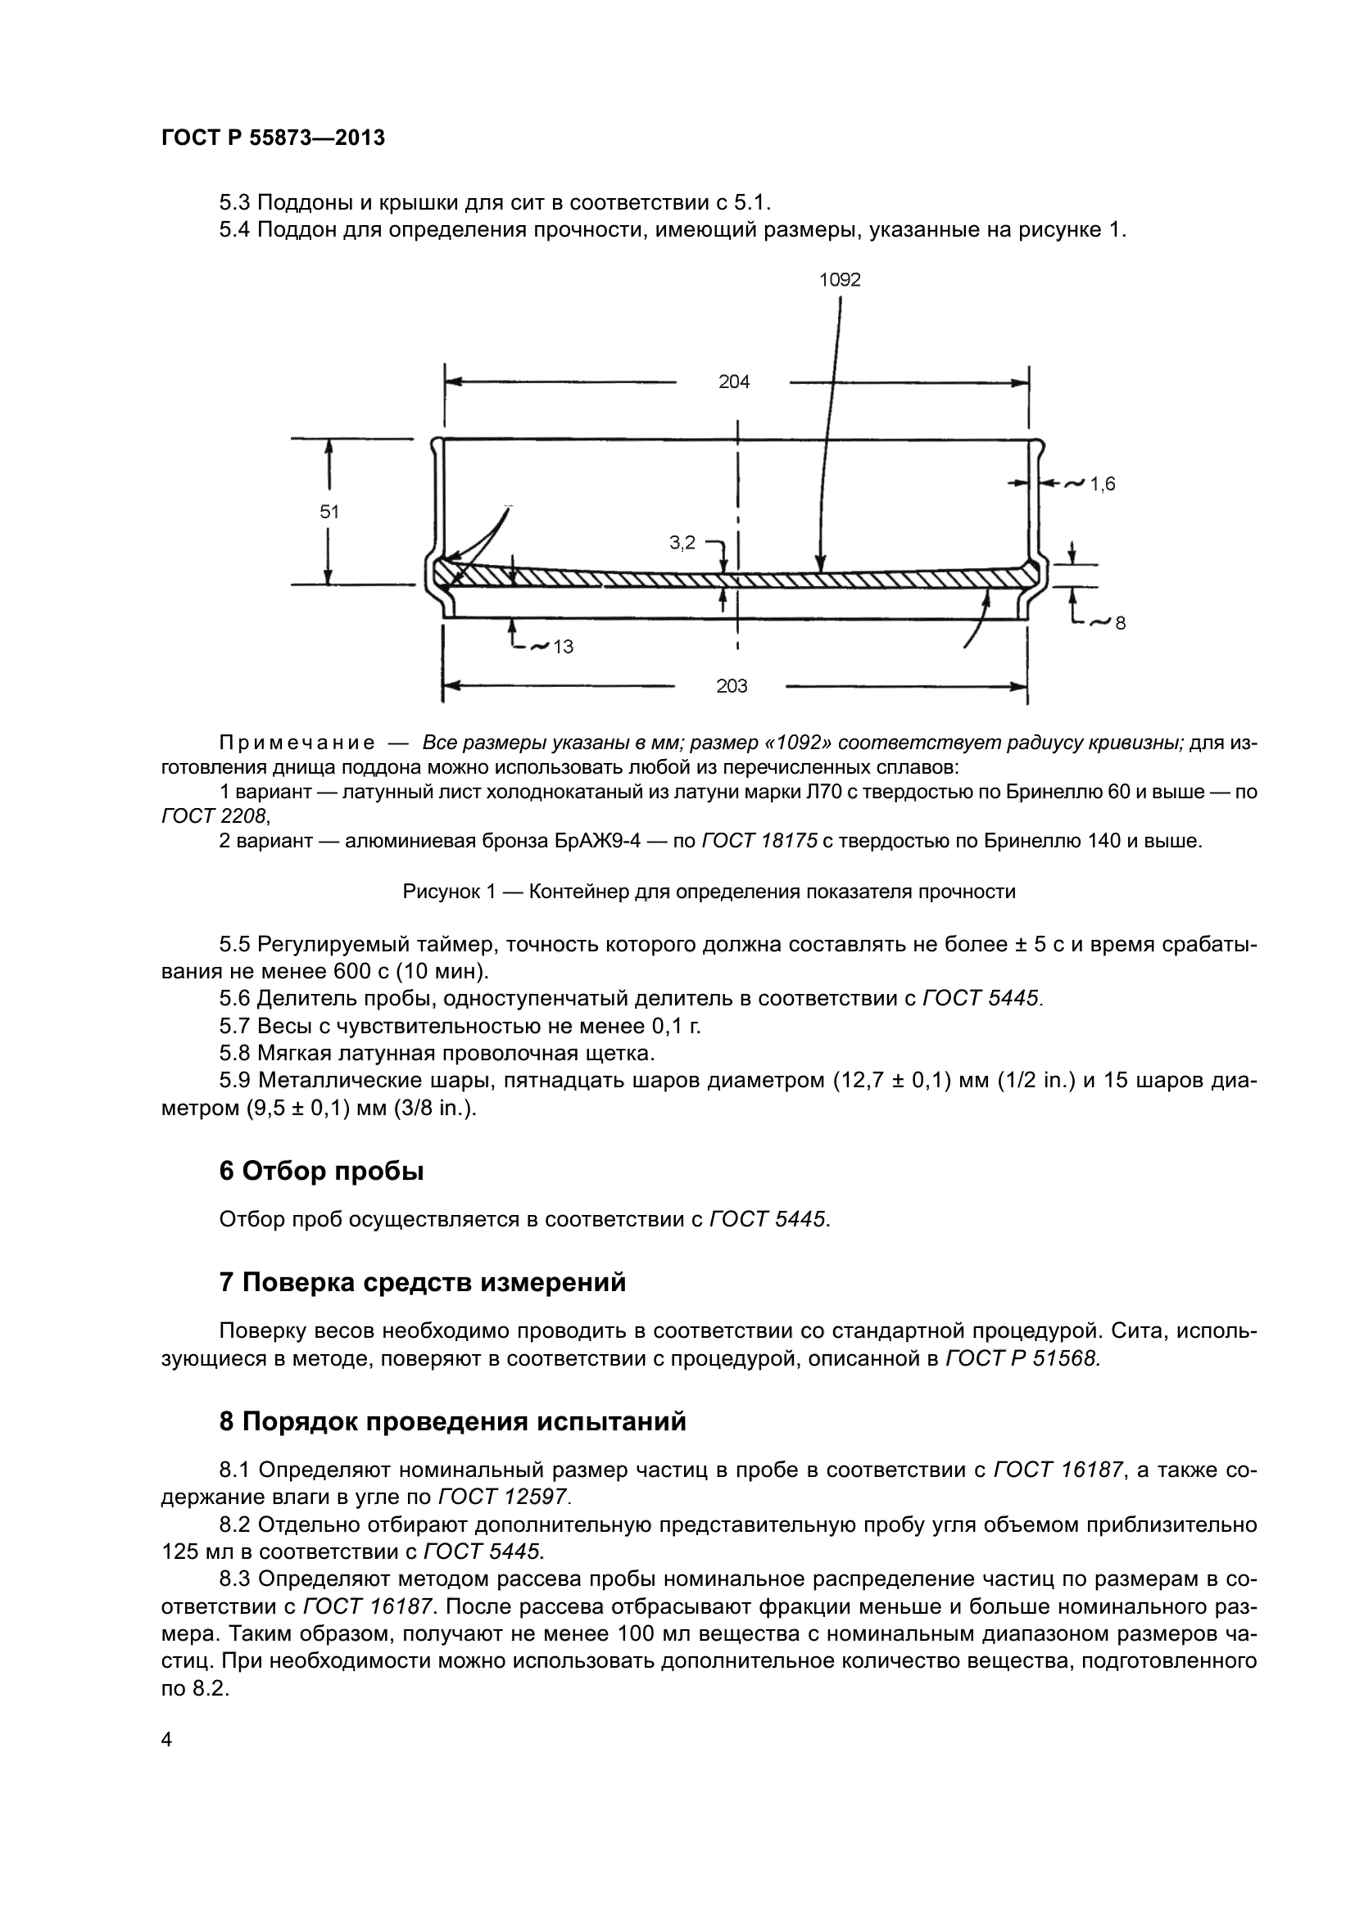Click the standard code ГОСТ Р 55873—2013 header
point(273,138)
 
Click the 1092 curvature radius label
point(840,280)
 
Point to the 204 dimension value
point(734,382)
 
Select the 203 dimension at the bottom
point(732,685)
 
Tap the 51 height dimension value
point(329,511)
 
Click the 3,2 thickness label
point(682,543)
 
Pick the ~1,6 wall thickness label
point(1091,484)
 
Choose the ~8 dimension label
point(1110,622)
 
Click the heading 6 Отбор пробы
point(321,1171)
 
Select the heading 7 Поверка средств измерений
point(422,1282)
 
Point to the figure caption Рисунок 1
point(709,892)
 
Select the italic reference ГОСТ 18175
point(759,841)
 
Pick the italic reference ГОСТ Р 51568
point(1022,1359)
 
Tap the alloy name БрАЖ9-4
point(597,841)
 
